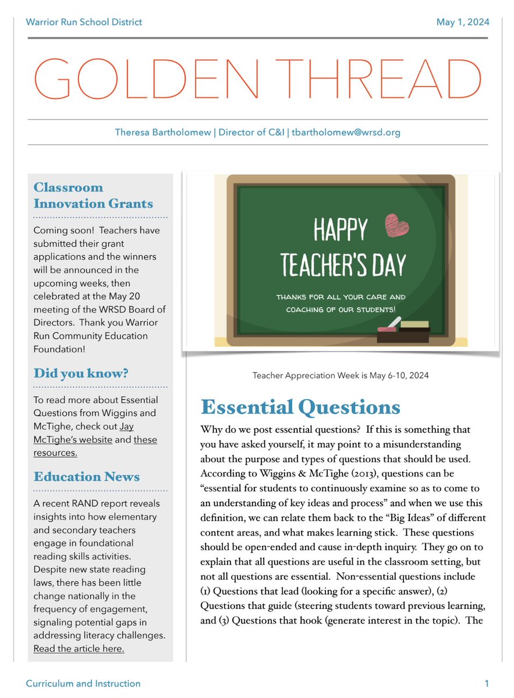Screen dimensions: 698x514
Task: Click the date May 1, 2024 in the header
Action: pyautogui.click(x=463, y=22)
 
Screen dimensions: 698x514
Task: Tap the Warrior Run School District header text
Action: pyautogui.click(x=84, y=22)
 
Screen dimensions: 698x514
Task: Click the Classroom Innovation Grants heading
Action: pyautogui.click(x=93, y=195)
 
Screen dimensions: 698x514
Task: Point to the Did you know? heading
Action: pyautogui.click(x=81, y=373)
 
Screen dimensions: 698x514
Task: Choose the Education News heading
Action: pyautogui.click(x=87, y=476)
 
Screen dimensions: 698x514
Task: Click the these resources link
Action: pyautogui.click(x=93, y=446)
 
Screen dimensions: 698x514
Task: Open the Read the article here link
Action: pyautogui.click(x=79, y=649)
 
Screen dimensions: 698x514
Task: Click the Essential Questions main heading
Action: pyautogui.click(x=300, y=407)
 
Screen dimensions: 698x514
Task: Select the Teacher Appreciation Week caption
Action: pyautogui.click(x=341, y=375)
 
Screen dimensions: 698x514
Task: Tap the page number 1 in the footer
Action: pyautogui.click(x=486, y=683)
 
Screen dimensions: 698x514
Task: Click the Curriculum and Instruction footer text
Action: pyautogui.click(x=83, y=683)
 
